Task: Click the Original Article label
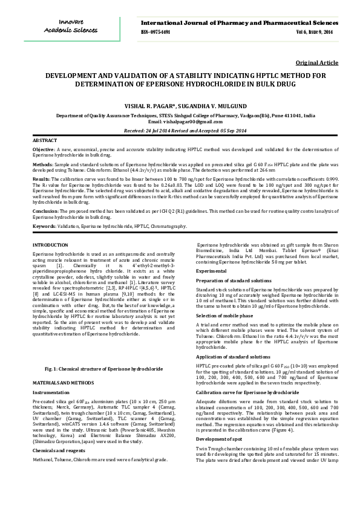tap(316, 63)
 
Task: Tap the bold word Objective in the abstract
tap(44, 149)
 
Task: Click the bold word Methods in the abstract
tap(42, 163)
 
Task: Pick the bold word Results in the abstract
tap(41, 179)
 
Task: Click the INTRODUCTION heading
tap(50, 244)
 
